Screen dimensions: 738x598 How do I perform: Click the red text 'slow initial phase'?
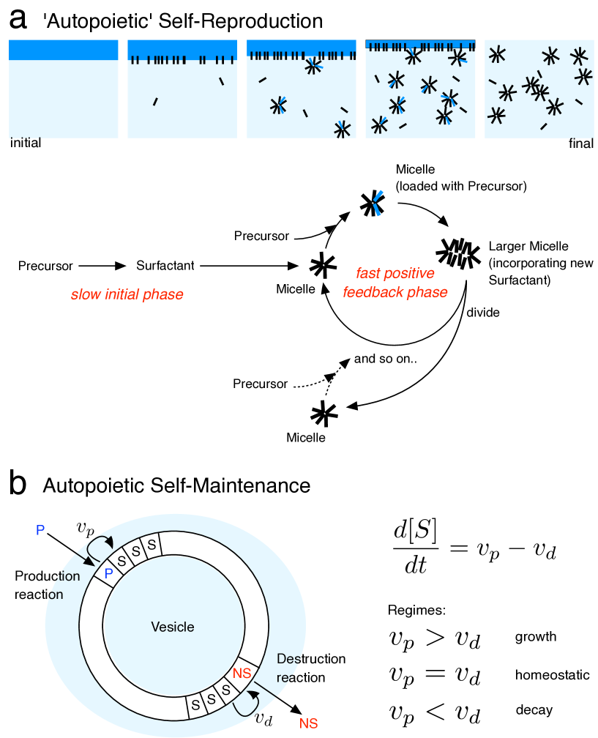127,295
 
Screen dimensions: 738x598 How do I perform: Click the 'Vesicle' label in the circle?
173,627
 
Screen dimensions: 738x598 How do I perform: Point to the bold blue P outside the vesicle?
40,530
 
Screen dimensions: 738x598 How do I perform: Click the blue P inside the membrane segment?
108,574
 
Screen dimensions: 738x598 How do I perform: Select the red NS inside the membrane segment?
242,673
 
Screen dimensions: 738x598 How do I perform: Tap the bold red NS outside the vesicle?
308,724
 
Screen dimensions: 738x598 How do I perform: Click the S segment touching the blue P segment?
121,560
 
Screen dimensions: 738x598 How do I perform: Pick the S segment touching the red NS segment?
226,690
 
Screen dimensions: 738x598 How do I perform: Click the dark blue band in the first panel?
63,50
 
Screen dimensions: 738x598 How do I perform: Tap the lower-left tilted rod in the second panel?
155,102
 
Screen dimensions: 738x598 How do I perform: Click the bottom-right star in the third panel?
342,130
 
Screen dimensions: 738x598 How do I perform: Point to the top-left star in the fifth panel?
497,53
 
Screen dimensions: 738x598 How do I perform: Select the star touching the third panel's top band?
313,66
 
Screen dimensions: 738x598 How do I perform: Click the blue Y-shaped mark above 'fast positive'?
377,203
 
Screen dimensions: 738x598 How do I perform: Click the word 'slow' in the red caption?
83,295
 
